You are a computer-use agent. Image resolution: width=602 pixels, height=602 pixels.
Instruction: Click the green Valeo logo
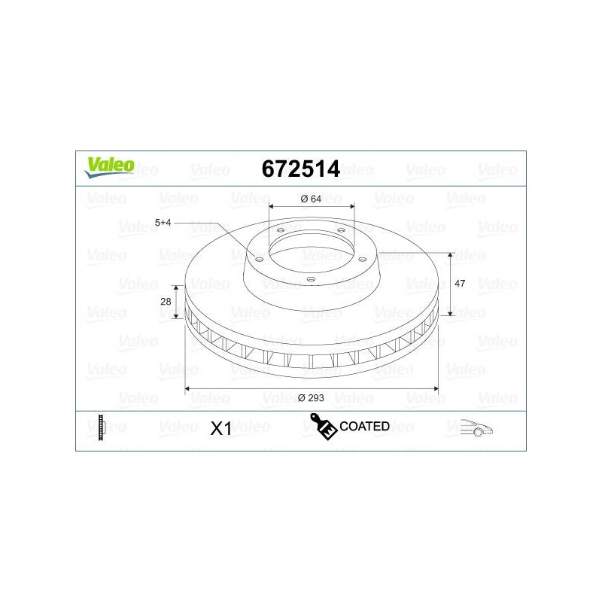click(x=109, y=167)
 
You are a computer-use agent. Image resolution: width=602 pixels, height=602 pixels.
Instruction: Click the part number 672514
click(x=300, y=169)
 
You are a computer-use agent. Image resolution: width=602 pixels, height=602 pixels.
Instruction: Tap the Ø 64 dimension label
click(x=311, y=199)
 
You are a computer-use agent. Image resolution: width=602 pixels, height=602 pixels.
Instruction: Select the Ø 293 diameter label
click(x=311, y=398)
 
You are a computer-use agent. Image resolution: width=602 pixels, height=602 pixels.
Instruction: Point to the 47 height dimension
click(x=460, y=284)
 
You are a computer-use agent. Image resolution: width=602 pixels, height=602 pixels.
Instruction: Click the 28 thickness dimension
click(x=166, y=302)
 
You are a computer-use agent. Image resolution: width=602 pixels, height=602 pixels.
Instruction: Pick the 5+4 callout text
click(x=163, y=223)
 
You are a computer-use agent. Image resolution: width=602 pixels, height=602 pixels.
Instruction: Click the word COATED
click(x=364, y=426)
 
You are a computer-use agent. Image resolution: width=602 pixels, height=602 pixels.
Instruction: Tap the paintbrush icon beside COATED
click(x=324, y=426)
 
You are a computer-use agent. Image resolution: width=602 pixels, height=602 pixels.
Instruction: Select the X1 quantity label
click(x=220, y=428)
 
